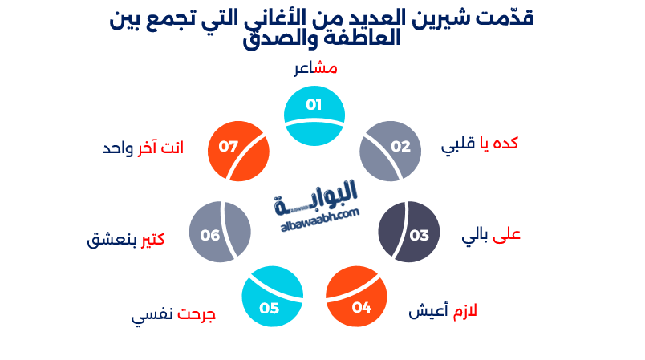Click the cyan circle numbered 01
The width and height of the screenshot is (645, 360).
pos(314,116)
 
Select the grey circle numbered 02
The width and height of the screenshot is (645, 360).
pos(391,151)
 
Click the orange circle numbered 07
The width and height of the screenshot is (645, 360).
pos(237,151)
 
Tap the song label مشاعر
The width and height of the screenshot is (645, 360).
pos(315,68)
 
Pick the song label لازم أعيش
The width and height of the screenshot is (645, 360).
pos(443,310)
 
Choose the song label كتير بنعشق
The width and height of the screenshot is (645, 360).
pos(126,240)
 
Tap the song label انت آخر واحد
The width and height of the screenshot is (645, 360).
pos(143,148)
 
